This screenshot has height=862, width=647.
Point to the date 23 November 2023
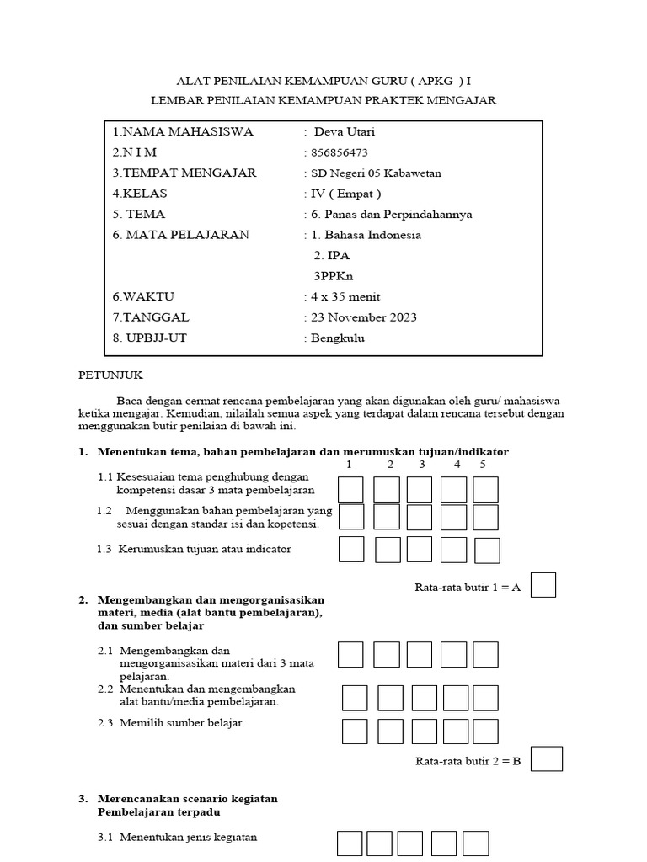coord(363,317)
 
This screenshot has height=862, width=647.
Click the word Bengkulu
coord(339,338)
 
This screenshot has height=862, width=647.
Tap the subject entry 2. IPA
coord(331,255)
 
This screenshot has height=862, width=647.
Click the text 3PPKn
coord(330,275)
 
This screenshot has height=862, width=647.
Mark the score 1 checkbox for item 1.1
coord(351,489)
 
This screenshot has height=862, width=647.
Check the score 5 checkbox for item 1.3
coord(487,550)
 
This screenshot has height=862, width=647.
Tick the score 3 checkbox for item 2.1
coord(419,654)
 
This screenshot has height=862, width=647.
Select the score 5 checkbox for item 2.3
coord(485,731)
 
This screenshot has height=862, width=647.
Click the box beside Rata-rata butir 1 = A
coord(543,585)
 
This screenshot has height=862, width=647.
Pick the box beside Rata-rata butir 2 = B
coord(548,758)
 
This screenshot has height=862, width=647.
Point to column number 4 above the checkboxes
coord(457,465)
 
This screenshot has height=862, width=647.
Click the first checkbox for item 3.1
coord(350,843)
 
